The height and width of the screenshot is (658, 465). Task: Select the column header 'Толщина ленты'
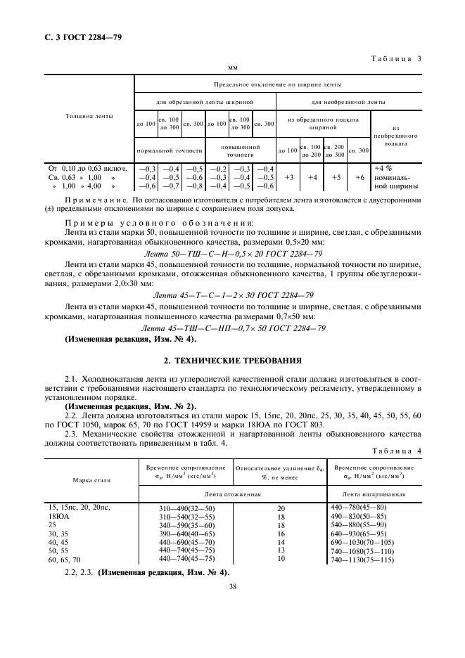(x=89, y=117)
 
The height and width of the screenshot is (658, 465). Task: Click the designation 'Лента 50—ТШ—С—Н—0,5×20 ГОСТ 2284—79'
(x=232, y=254)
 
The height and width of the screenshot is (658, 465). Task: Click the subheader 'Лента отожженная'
(x=234, y=495)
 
